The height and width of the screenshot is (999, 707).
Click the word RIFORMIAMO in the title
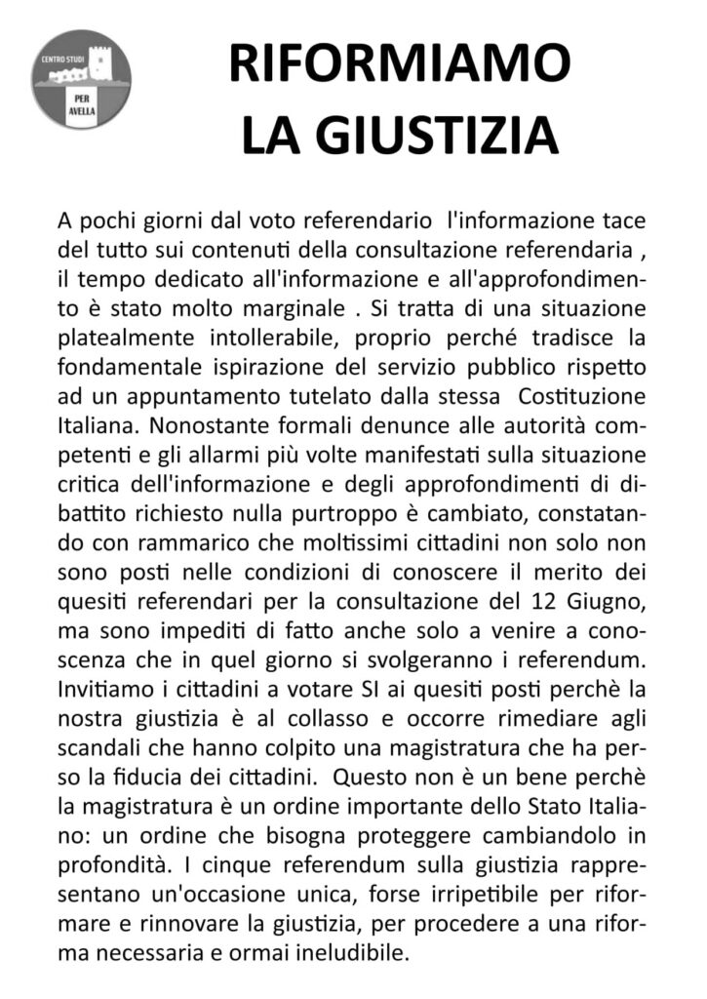coord(400,65)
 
